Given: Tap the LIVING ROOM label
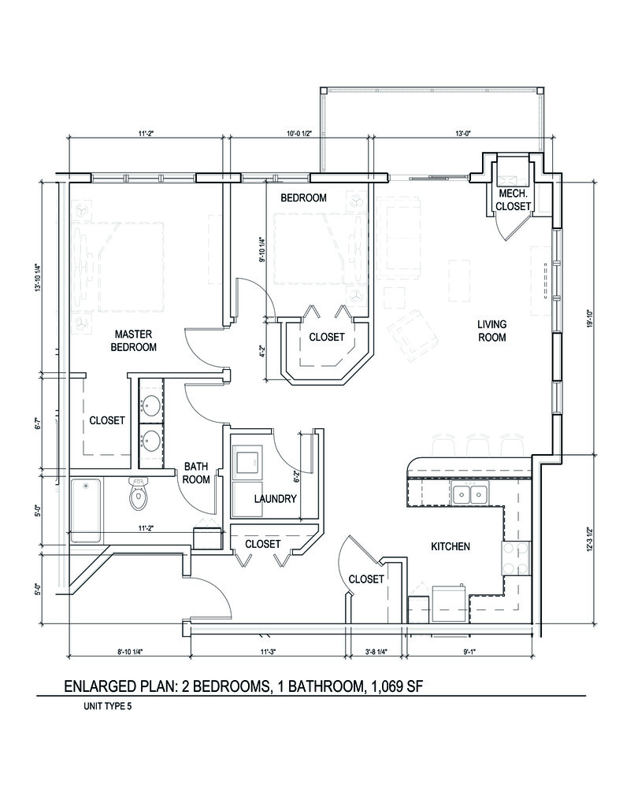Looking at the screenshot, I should [x=491, y=331].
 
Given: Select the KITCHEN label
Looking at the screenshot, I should [x=451, y=546].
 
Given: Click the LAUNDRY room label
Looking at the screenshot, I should [x=275, y=499].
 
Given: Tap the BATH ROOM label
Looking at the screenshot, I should [x=196, y=471].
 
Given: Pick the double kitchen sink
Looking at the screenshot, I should [x=470, y=494].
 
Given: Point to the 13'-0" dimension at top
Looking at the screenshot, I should [x=462, y=133].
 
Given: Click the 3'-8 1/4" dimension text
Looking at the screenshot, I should [x=376, y=651].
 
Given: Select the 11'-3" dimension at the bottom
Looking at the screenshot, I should [x=269, y=651].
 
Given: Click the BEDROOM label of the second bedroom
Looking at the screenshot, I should [x=303, y=198].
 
